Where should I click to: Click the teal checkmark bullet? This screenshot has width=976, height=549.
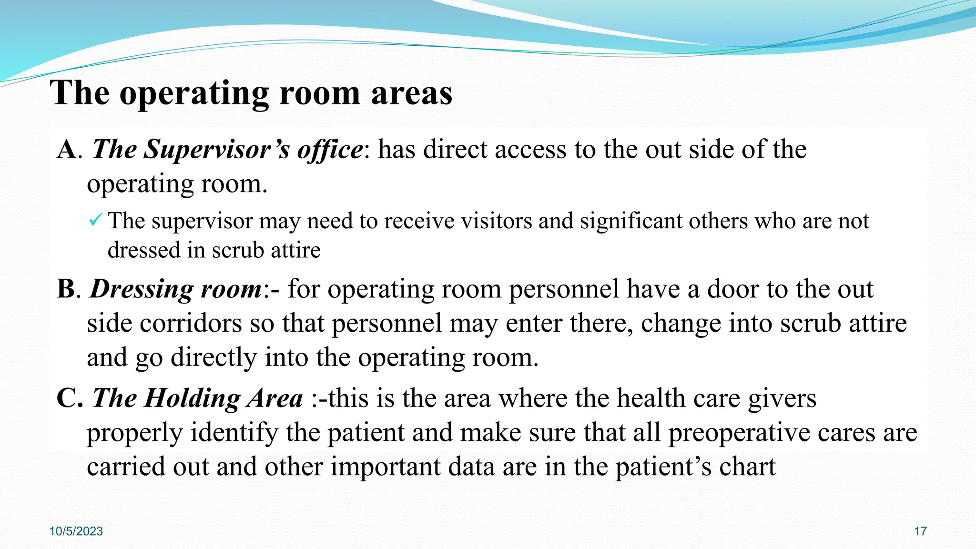pyautogui.click(x=95, y=220)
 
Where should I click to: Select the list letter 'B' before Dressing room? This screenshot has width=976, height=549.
pyautogui.click(x=66, y=289)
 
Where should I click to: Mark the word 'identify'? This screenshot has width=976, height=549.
pyautogui.click(x=234, y=433)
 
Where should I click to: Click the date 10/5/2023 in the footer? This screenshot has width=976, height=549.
pyautogui.click(x=76, y=531)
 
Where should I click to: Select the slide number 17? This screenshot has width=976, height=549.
pyautogui.click(x=920, y=531)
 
